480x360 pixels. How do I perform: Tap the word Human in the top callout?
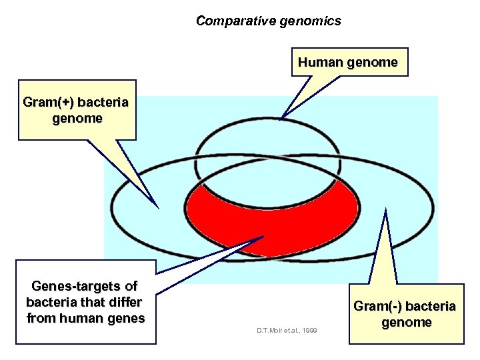pyautogui.click(x=319, y=63)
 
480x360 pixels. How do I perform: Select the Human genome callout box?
pyautogui.click(x=347, y=63)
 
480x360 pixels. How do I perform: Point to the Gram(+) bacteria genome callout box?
pyautogui.click(x=77, y=111)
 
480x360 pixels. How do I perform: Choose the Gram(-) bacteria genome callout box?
pyautogui.click(x=405, y=314)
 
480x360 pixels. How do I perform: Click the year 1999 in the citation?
pyautogui.click(x=309, y=331)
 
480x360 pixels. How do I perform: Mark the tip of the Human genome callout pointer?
pyautogui.click(x=282, y=118)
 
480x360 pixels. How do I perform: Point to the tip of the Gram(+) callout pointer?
pyautogui.click(x=158, y=206)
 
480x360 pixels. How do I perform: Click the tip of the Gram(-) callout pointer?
pyautogui.click(x=385, y=210)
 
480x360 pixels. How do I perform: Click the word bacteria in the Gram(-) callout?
pyautogui.click(x=430, y=307)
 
